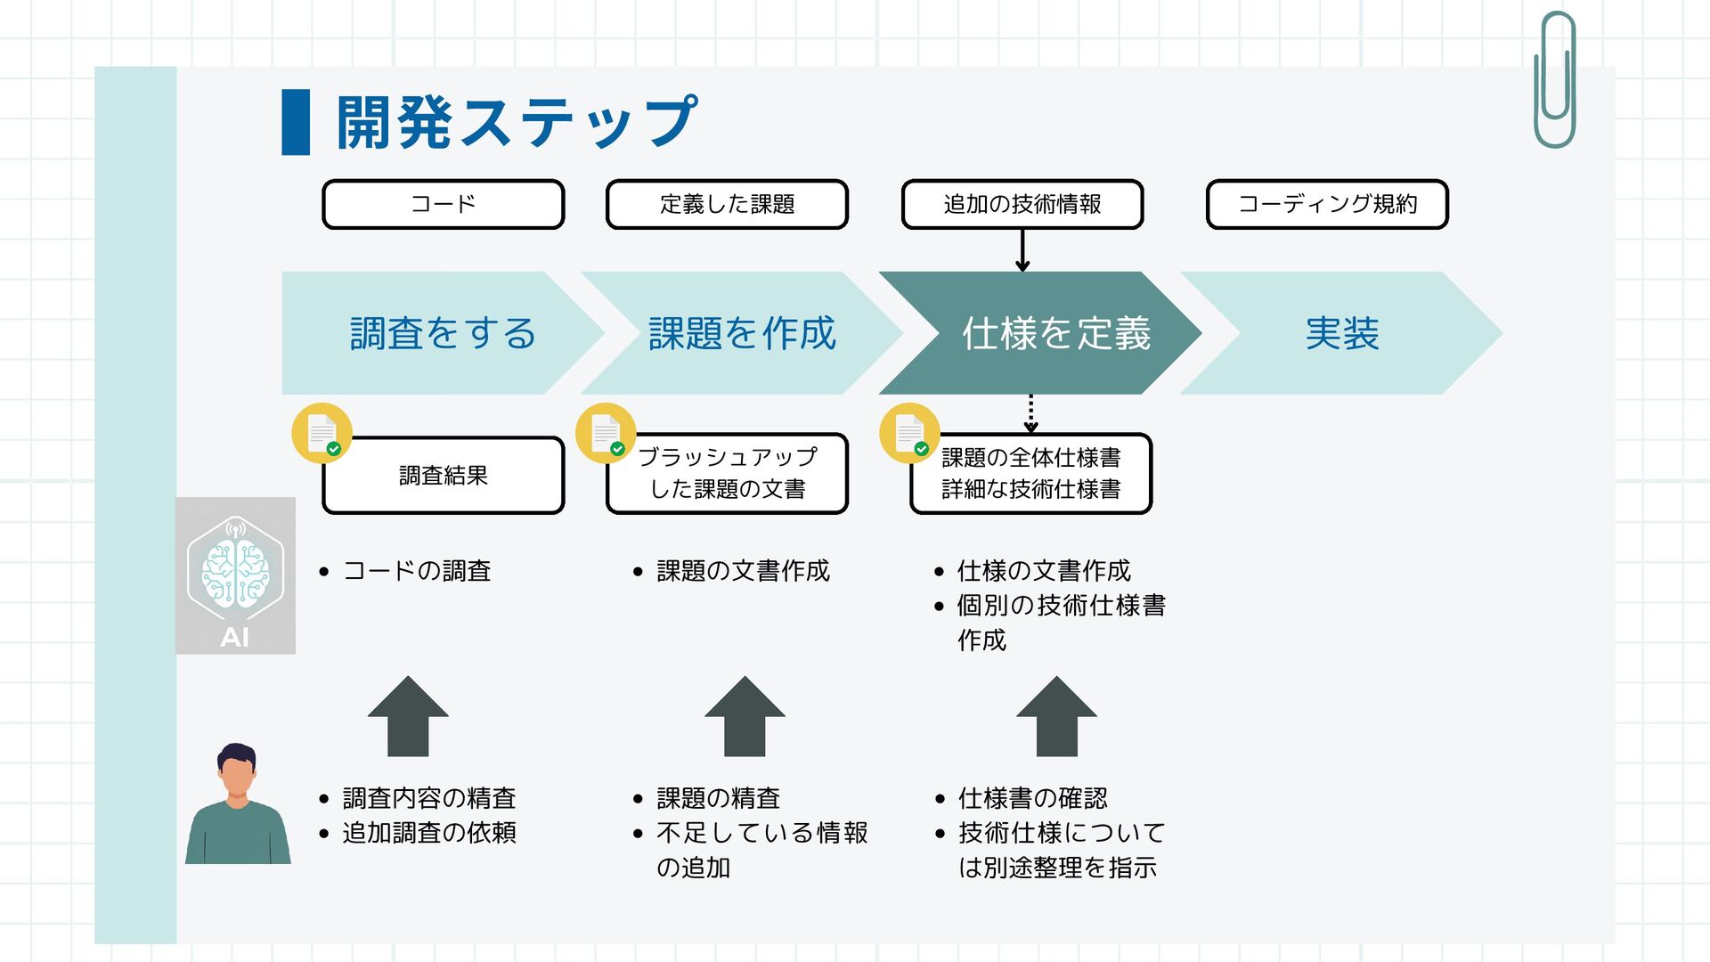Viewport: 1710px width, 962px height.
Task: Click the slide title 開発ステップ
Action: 516,123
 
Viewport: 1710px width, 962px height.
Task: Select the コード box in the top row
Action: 443,204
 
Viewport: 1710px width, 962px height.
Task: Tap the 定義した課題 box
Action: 727,204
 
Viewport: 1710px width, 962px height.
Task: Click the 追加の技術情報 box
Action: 1022,204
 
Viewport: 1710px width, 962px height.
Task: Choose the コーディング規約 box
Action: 1327,204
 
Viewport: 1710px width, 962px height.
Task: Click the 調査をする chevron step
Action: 442,333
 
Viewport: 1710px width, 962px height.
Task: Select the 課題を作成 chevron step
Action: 741,333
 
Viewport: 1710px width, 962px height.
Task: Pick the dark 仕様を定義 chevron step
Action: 1055,333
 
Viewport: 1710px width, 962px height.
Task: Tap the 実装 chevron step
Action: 1341,333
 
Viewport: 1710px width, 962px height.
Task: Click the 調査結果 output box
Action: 443,476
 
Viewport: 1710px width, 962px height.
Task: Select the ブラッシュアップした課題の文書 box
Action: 727,474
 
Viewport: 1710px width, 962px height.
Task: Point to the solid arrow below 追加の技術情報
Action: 1022,251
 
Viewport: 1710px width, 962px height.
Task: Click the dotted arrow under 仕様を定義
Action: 1030,414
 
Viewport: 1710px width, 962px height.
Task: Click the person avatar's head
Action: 237,771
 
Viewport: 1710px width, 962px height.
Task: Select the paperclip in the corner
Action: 1555,80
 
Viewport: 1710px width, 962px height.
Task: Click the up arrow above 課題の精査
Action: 745,717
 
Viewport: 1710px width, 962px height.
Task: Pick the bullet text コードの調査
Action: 417,571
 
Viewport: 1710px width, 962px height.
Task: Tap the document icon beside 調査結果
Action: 322,434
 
